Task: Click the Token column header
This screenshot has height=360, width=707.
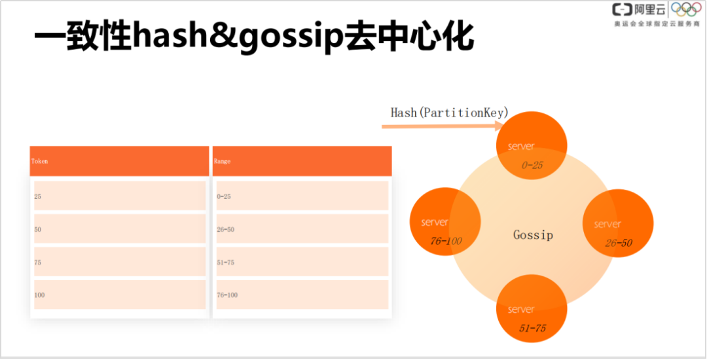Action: click(119, 161)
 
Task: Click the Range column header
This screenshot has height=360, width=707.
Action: click(302, 161)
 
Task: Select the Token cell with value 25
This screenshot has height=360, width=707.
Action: click(119, 196)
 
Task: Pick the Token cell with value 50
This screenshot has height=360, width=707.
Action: click(119, 229)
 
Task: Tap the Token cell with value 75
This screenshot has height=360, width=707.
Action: click(119, 262)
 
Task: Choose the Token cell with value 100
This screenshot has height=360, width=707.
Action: click(119, 295)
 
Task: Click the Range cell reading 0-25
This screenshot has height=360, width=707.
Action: click(302, 196)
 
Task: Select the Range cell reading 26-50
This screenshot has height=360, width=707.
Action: click(302, 229)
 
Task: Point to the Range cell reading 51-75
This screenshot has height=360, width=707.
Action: click(302, 262)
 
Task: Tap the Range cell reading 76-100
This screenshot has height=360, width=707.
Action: click(302, 295)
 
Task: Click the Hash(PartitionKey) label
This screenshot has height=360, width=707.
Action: click(449, 113)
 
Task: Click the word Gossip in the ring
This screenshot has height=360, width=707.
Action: click(533, 234)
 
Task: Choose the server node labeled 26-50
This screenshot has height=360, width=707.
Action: click(617, 224)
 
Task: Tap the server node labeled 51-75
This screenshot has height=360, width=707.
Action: click(531, 310)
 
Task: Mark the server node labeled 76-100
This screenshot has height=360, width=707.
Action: click(445, 222)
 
